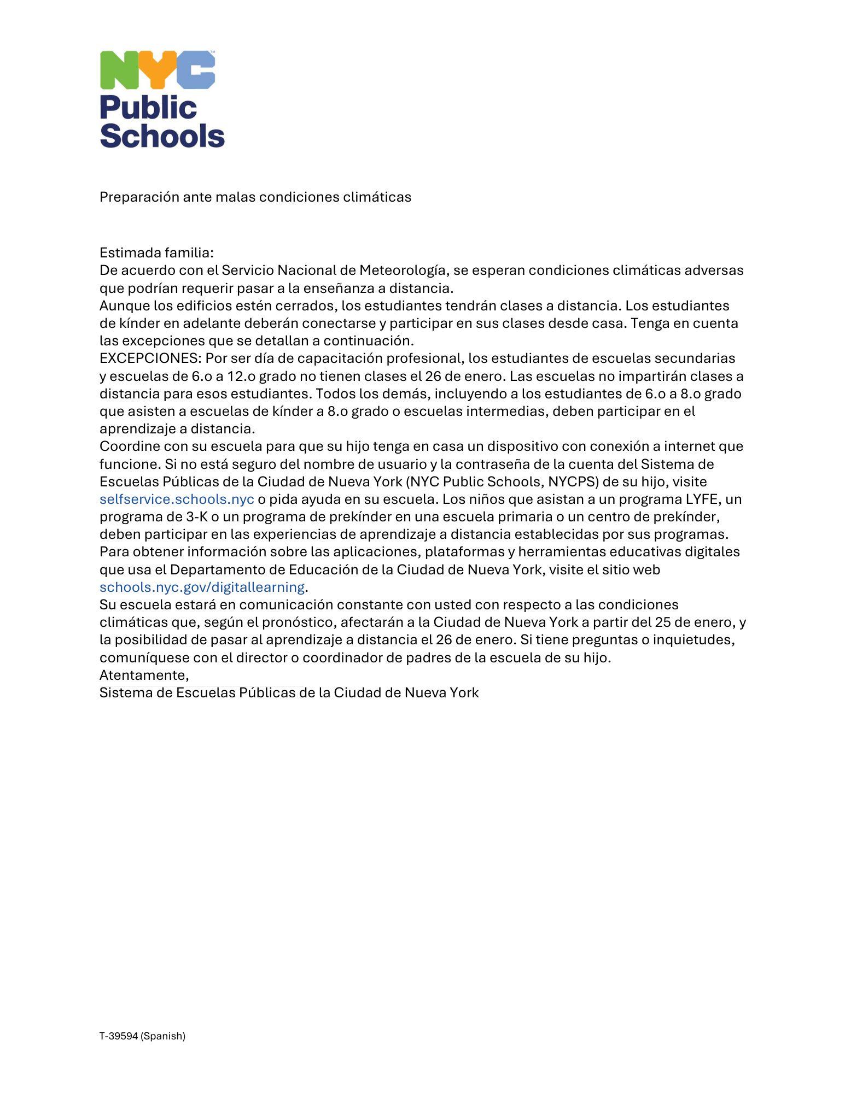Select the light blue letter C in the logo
[x=194, y=70]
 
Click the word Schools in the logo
[x=162, y=135]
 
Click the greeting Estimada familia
[x=156, y=253]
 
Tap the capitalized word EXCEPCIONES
[x=150, y=359]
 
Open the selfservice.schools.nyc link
[x=177, y=499]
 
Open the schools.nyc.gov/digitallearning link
[x=202, y=587]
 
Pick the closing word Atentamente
[x=144, y=675]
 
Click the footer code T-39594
[x=118, y=1036]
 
